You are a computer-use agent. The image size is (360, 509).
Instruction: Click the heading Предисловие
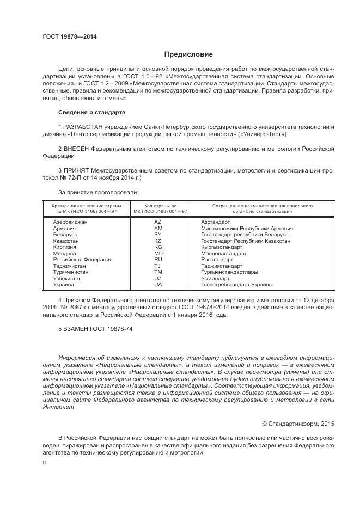tap(188, 54)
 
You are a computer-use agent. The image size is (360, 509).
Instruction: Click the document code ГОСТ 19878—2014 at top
tap(70, 36)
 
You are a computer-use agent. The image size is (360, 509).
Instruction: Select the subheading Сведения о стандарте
tap(91, 112)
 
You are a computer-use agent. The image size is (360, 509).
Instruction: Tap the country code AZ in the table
tap(158, 222)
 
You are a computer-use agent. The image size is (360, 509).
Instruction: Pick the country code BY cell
tap(158, 235)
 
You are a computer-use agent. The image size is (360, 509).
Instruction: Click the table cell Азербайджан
tap(70, 222)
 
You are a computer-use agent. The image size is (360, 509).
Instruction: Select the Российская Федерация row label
tap(83, 260)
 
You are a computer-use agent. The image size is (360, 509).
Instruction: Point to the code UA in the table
tap(158, 285)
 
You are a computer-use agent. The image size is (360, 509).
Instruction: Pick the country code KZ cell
tap(158, 241)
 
